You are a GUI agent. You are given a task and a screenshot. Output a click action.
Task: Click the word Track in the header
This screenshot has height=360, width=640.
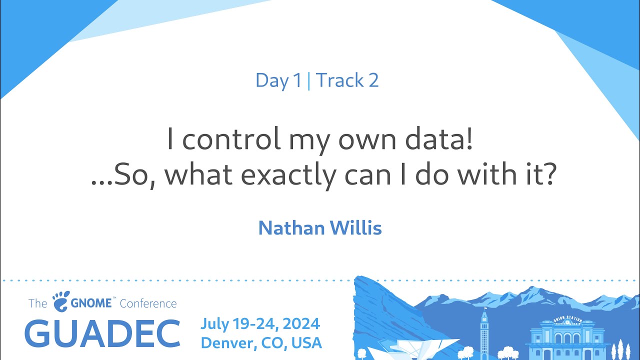click(339, 80)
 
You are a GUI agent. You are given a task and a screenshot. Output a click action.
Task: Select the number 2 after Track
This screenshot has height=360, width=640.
click(373, 80)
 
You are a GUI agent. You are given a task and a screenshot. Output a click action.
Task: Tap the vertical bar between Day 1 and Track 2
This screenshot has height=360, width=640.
click(308, 81)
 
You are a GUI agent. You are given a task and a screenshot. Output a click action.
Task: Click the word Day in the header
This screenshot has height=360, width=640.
click(272, 81)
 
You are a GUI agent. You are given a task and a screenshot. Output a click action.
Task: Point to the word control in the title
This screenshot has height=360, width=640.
click(231, 138)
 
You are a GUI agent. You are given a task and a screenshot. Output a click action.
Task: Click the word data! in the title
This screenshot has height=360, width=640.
click(439, 138)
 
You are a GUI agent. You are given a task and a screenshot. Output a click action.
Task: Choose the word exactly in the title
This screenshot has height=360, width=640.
click(288, 175)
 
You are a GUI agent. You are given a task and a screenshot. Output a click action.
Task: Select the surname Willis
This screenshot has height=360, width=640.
click(356, 227)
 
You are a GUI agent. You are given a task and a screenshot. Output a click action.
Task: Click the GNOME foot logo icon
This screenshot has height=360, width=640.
click(61, 301)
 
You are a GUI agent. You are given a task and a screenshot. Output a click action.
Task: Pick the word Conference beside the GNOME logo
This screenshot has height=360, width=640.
click(148, 303)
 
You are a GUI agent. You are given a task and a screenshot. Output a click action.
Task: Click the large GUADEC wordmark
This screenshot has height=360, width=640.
click(102, 333)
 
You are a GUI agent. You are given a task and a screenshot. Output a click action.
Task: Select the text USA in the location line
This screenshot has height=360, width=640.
click(306, 343)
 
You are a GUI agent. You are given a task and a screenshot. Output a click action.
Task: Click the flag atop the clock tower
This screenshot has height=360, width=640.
click(485, 308)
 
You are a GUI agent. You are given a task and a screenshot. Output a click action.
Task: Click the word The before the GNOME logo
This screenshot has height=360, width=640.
click(37, 303)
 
